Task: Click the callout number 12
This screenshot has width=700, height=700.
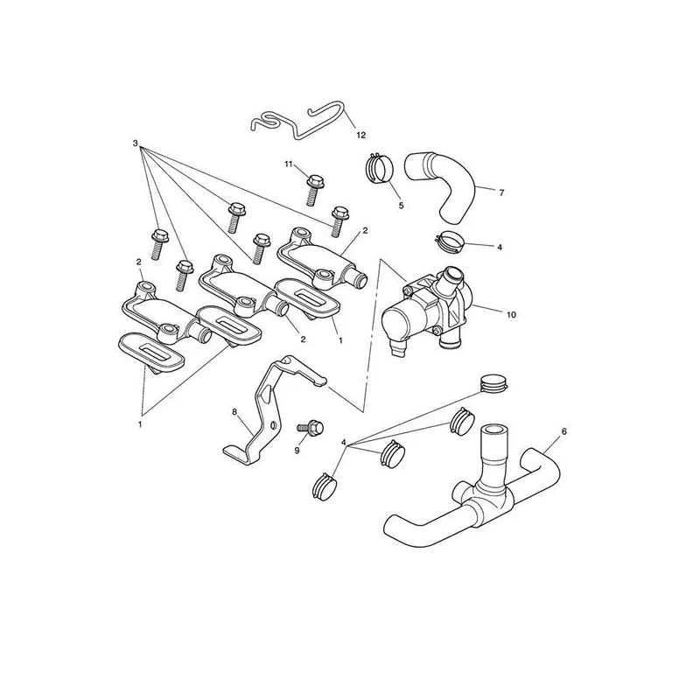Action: tap(360, 135)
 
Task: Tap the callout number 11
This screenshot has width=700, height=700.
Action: tap(289, 164)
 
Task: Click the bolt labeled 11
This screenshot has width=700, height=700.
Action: tap(313, 190)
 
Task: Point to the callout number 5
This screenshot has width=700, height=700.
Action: tap(401, 206)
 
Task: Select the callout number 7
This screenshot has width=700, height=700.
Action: tap(501, 192)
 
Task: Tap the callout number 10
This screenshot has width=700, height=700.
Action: tap(511, 315)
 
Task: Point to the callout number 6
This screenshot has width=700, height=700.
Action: tap(563, 431)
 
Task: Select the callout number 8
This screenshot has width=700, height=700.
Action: tap(234, 411)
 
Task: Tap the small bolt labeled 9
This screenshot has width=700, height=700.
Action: tap(311, 428)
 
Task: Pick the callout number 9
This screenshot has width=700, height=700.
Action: tap(297, 451)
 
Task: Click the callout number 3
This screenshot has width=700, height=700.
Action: tap(136, 143)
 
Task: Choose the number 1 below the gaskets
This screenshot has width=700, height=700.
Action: tap(140, 424)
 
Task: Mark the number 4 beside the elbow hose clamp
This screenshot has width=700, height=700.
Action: tap(500, 247)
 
